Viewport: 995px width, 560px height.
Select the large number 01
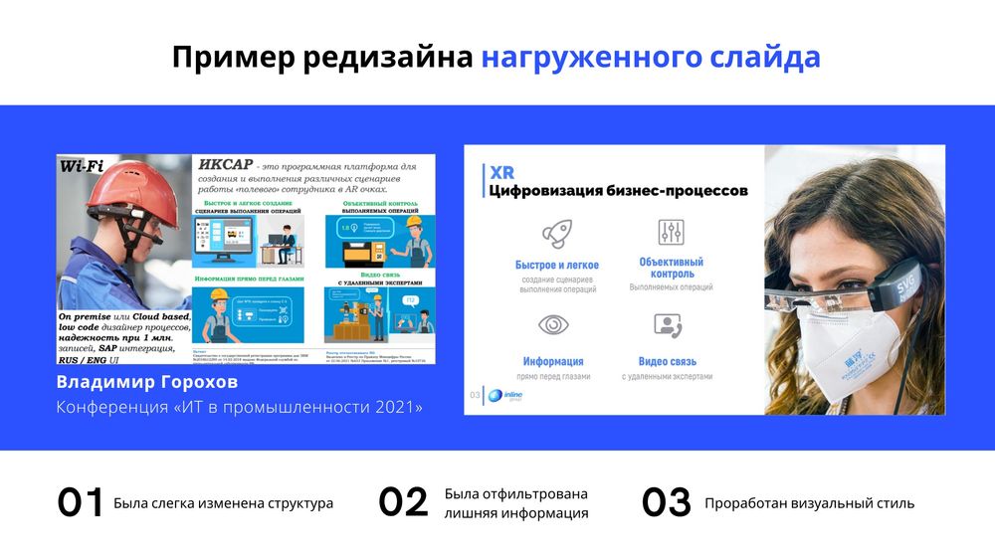click(81, 503)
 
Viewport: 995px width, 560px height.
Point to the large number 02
click(403, 503)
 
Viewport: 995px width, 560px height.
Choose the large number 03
click(666, 503)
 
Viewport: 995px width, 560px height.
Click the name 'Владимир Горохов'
click(147, 383)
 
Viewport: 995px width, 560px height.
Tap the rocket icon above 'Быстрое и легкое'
click(556, 234)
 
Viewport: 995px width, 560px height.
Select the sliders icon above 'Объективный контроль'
click(671, 232)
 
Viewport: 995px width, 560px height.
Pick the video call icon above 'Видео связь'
click(667, 325)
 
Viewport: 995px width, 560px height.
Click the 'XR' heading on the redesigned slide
click(501, 171)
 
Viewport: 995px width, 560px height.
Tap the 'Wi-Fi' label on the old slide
click(83, 167)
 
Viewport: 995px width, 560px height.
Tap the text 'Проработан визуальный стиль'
click(809, 503)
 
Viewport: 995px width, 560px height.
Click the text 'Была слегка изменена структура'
click(224, 503)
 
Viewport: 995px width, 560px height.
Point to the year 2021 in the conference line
click(400, 408)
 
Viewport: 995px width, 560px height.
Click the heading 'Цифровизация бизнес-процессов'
click(618, 190)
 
